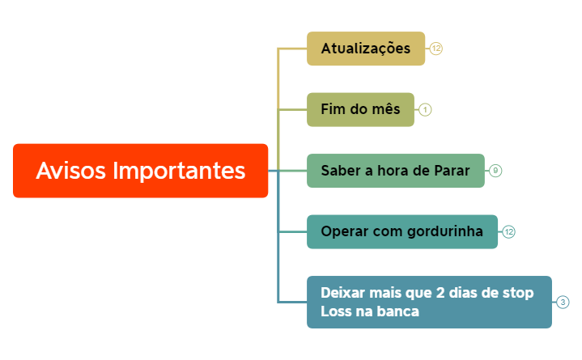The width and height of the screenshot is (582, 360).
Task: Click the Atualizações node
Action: [365, 49]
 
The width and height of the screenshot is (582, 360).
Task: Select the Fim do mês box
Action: [360, 110]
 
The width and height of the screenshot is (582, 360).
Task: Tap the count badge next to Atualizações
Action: [436, 49]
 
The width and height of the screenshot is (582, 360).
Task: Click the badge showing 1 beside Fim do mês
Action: [426, 110]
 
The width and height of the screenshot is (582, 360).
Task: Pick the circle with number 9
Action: [495, 171]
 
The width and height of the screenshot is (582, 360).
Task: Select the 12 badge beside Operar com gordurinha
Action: [508, 232]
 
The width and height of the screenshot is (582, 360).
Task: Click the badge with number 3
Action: [563, 303]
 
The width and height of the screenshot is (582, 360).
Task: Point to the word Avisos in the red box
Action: [71, 171]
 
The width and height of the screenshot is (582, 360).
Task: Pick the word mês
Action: [384, 110]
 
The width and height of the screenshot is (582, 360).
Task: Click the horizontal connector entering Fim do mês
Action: [292, 110]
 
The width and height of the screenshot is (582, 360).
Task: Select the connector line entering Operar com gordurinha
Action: [292, 232]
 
